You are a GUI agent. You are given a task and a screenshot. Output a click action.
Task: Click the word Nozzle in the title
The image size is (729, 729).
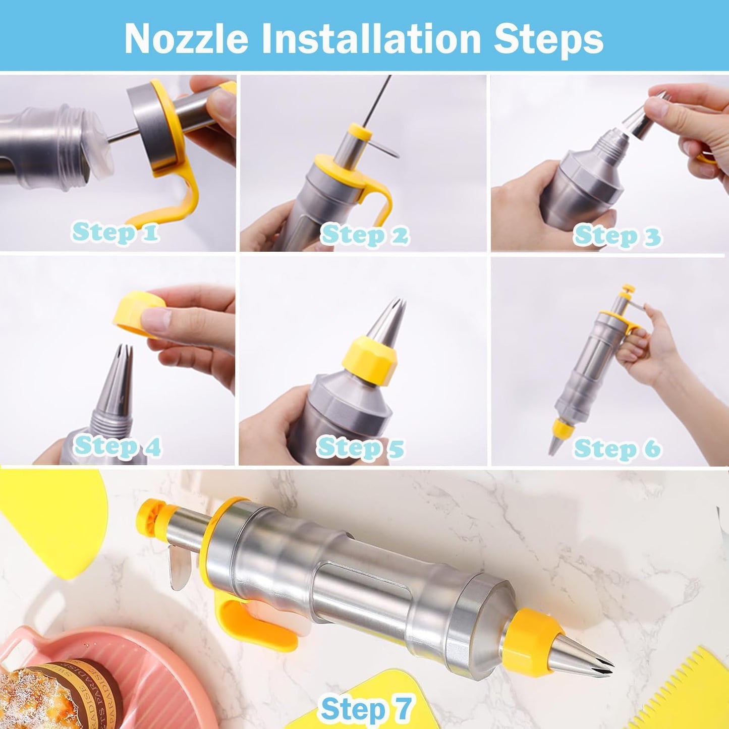(186, 38)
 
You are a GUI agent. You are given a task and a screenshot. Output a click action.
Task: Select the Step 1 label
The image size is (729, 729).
(116, 233)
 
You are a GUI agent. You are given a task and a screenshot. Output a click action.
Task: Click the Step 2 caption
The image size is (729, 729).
(364, 235)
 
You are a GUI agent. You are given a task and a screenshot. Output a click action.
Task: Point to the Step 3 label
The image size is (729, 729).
(617, 236)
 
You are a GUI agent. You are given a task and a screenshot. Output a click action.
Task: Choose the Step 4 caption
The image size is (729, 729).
(118, 446)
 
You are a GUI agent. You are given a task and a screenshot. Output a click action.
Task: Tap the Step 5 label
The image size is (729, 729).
(360, 447)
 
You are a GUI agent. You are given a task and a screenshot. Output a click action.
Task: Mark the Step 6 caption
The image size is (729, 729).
(617, 448)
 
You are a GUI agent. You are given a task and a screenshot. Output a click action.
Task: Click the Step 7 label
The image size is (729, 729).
(366, 708)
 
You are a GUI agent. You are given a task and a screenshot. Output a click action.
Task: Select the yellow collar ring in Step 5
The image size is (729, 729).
(370, 361)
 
